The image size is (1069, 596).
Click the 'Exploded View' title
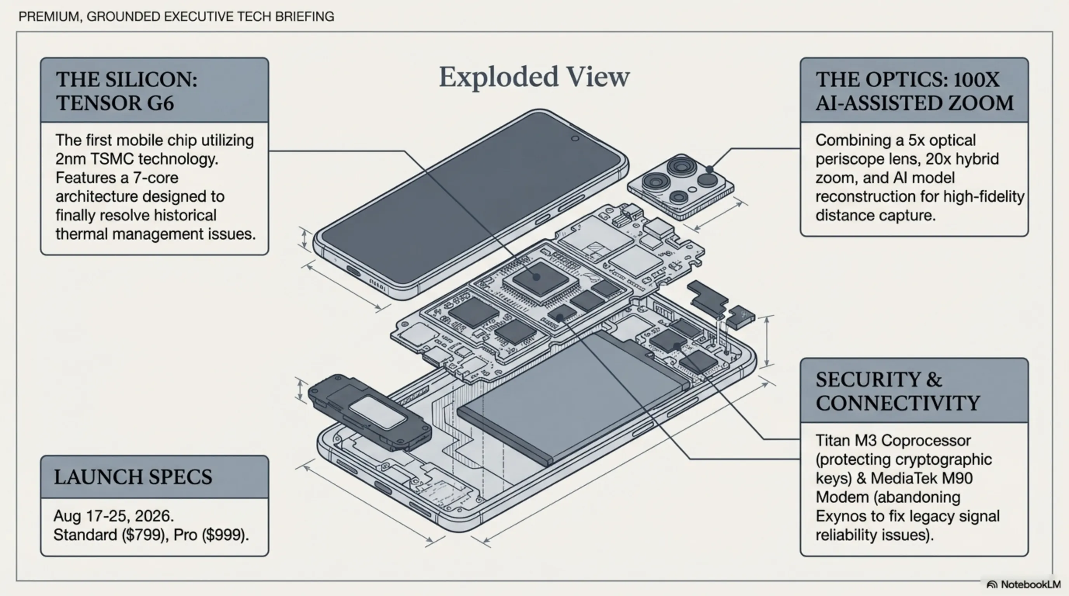(534, 77)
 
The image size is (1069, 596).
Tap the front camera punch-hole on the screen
(575, 139)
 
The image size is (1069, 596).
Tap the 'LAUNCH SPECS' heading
(133, 477)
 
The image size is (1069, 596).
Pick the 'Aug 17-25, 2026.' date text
(114, 516)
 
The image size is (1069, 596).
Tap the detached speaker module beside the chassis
(369, 412)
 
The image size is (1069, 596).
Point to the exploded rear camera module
(681, 187)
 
